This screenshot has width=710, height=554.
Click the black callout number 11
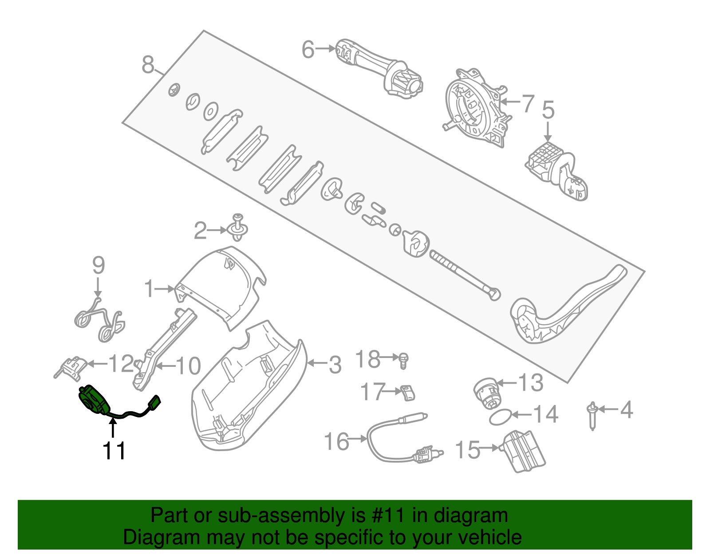pos(114,451)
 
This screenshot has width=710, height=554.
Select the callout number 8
pos(148,65)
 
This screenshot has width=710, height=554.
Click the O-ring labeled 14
pos(499,417)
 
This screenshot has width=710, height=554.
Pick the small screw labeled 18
pos(403,360)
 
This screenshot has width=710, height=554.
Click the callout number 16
pos(337,441)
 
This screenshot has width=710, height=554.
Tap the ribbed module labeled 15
pos(524,452)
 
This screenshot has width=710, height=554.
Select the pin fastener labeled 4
pos(592,415)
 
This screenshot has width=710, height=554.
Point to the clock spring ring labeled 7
pos(474,106)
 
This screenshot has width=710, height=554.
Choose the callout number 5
pos(548,110)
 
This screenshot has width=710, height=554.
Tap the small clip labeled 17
pos(408,393)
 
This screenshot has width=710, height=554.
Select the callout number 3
pos(335,365)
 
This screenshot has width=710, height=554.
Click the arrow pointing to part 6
pos(326,49)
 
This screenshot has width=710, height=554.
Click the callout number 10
pos(189,366)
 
